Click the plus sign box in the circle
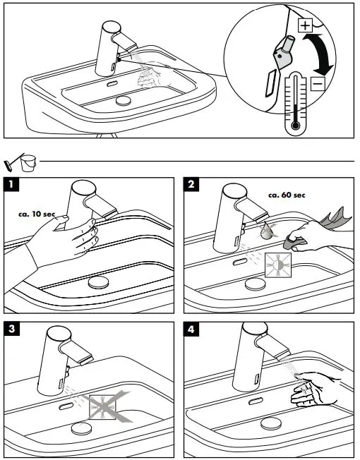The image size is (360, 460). coord(305,25)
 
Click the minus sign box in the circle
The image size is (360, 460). coord(318,84)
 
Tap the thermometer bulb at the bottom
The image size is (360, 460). coord(296,126)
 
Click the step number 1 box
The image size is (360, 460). coord(11,184)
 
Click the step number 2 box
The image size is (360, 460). coord(191,184)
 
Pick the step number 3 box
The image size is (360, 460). coord(11,329)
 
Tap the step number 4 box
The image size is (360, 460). coord(191,329)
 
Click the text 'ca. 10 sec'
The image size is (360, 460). coord(37,214)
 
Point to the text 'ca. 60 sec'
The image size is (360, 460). coord(287,195)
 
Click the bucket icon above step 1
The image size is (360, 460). coord(28,163)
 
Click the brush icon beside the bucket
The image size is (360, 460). coord(12,163)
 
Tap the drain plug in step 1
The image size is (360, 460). coord(99,282)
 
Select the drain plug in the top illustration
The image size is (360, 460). coord(124,100)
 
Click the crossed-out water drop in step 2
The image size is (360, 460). coord(267,229)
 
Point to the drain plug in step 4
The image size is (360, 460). coord(271,424)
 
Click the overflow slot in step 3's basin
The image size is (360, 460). coord(66,406)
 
